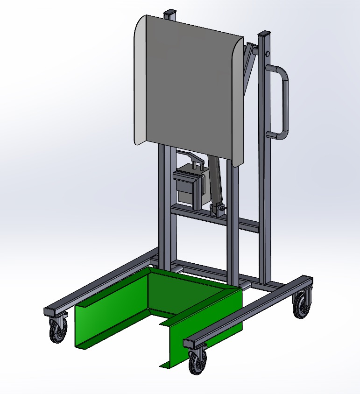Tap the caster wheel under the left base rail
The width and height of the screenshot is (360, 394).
58,332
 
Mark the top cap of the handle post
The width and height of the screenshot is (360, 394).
266,33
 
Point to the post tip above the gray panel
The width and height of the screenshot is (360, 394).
171,13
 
